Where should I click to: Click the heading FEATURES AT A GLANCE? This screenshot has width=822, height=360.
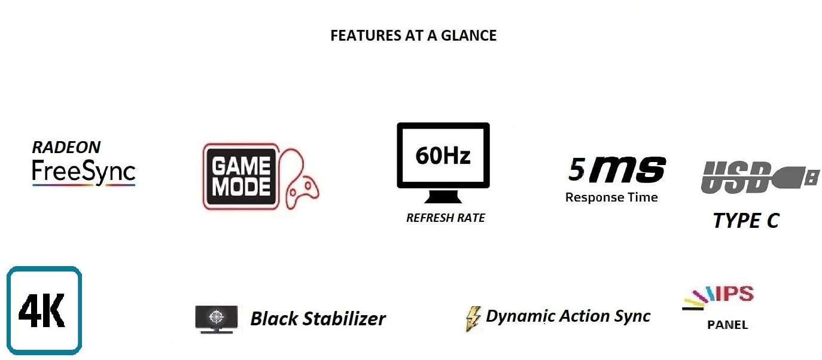(413, 36)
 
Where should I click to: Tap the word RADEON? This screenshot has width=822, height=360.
(66, 147)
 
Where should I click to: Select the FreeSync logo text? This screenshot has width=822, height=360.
(84, 172)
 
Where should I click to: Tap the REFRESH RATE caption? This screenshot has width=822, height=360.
(446, 218)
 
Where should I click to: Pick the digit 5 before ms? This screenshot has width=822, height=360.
(576, 170)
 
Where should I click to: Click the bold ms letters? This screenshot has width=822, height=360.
(626, 170)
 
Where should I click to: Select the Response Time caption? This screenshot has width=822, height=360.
(611, 197)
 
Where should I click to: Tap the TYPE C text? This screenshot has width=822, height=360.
(746, 221)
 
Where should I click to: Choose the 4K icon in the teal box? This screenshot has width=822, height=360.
(44, 310)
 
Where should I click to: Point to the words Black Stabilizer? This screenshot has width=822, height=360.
(318, 319)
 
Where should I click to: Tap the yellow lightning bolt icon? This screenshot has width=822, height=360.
(473, 318)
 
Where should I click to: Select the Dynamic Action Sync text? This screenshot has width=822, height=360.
(568, 316)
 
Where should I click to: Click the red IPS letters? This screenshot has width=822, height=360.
(735, 294)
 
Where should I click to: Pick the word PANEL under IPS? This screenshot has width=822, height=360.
(727, 325)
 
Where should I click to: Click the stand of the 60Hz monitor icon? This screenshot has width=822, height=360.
(443, 196)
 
